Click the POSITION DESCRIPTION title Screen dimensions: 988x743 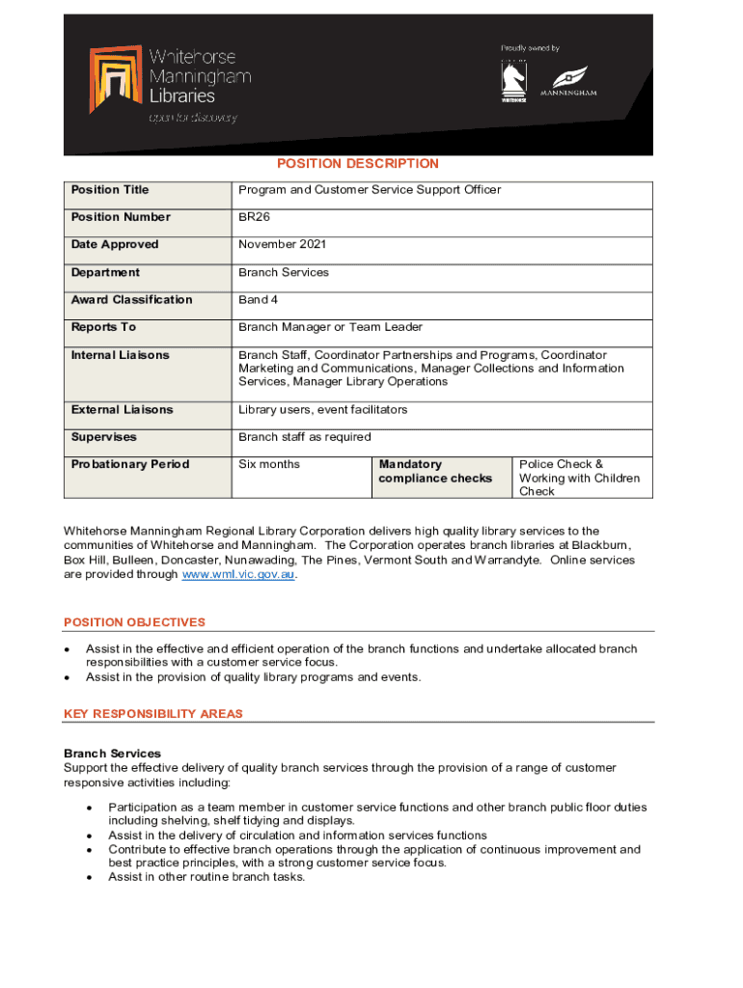358,164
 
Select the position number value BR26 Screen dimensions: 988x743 255,217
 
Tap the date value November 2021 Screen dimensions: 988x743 284,245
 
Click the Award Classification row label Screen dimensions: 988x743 131,300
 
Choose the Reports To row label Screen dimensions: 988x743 103,328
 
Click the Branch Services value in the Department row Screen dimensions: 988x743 284,273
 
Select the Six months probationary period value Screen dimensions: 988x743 269,465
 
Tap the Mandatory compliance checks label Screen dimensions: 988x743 435,472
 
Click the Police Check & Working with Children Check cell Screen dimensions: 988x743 579,478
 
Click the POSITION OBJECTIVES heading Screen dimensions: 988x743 134,623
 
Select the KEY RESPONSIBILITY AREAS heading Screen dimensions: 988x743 153,714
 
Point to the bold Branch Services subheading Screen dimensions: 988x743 112,754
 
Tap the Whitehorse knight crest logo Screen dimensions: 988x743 513,80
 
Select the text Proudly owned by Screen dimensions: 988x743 530,48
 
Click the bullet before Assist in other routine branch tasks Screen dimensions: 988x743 90,878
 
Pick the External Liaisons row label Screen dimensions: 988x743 122,410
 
